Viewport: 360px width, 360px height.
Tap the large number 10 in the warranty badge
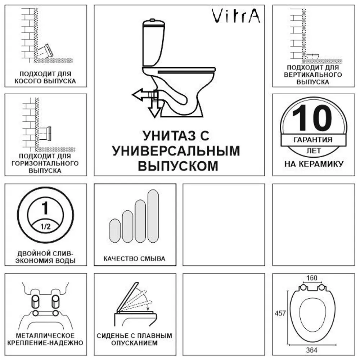[x=312, y=118]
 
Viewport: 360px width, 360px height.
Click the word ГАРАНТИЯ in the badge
[x=312, y=140]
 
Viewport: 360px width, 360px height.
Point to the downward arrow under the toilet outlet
[x=155, y=110]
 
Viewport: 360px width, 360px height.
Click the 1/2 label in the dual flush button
[x=45, y=227]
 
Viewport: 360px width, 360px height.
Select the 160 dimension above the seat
[x=312, y=278]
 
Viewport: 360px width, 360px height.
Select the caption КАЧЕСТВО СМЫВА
[x=134, y=258]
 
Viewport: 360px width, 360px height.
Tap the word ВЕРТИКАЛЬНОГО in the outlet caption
[x=312, y=75]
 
